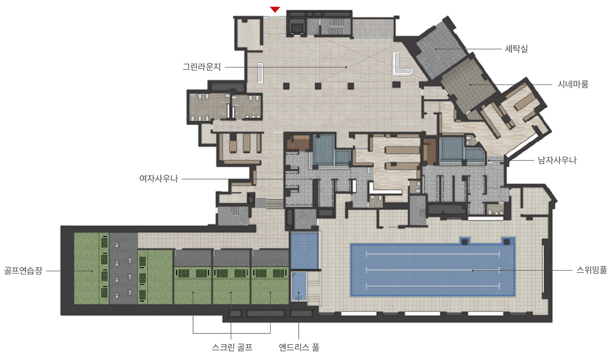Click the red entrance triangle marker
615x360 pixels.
tap(275, 10)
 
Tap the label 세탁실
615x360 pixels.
tap(516, 49)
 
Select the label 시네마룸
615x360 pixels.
tap(573, 84)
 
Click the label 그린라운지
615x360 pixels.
tap(202, 67)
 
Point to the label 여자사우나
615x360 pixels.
tap(159, 178)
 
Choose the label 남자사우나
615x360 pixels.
tap(557, 160)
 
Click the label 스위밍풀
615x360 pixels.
tap(592, 270)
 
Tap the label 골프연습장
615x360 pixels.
tap(23, 270)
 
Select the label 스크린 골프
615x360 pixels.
tap(232, 347)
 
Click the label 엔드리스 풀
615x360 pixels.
tap(299, 347)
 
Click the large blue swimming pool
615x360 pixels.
tap(432, 270)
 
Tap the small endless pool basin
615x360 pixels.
tap(299, 287)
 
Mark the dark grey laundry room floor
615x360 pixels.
tap(439, 49)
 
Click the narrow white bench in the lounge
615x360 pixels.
tap(259, 72)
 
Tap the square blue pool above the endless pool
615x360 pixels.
tap(305, 251)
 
